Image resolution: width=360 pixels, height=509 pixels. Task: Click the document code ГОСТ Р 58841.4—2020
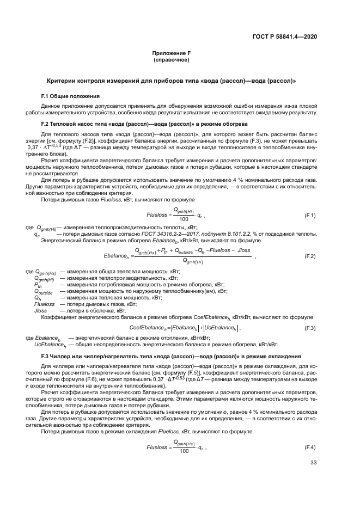(x=285, y=36)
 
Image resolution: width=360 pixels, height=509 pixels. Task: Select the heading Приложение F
(x=171, y=53)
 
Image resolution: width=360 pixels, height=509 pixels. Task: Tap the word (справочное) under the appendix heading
(x=171, y=60)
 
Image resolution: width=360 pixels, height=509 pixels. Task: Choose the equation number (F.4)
(x=309, y=447)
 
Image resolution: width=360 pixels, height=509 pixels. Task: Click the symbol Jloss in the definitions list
(x=41, y=310)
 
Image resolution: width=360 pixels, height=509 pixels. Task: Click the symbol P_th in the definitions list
(x=38, y=285)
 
